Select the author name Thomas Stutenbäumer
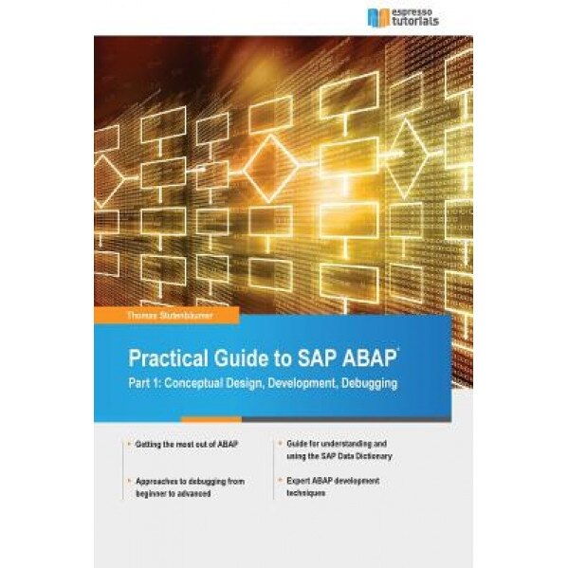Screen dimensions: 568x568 [x=148, y=311]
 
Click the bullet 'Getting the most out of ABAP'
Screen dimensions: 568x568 [x=179, y=444]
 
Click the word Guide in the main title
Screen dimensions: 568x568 [x=234, y=360]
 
